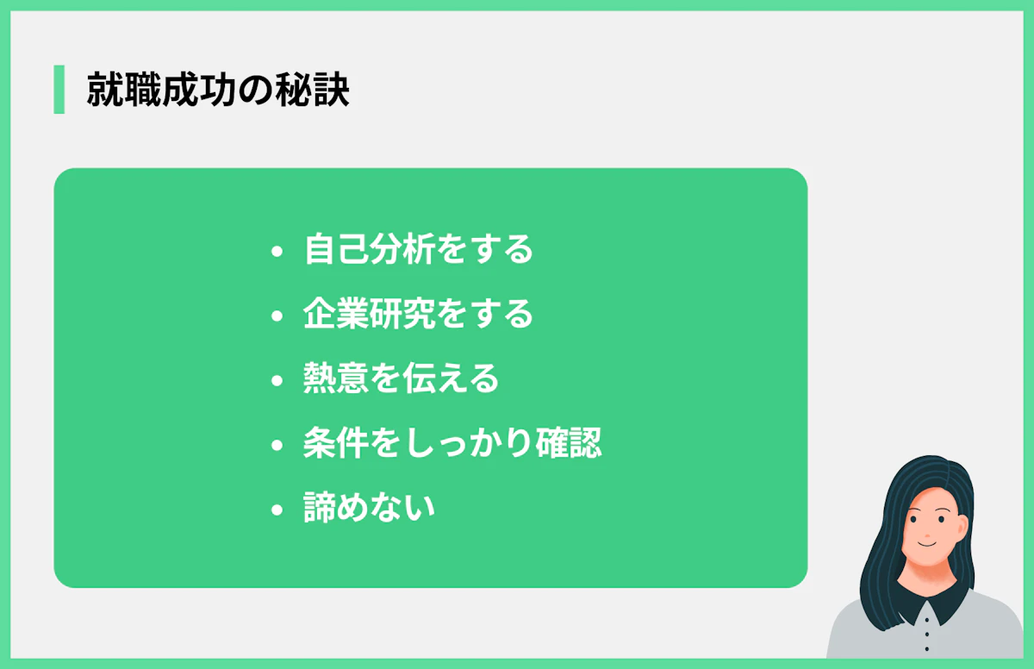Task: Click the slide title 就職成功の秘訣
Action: (x=218, y=91)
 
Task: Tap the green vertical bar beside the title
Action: (x=59, y=90)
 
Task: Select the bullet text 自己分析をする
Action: (x=419, y=250)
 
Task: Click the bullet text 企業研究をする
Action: (x=419, y=315)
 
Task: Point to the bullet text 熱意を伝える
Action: (x=402, y=379)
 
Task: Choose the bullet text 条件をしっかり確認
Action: (x=452, y=444)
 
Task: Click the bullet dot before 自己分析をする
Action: (x=277, y=253)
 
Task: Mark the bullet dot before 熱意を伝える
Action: (x=277, y=381)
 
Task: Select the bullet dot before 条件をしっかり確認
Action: (x=277, y=446)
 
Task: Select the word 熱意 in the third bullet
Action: (x=335, y=379)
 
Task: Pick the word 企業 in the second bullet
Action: (x=335, y=315)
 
